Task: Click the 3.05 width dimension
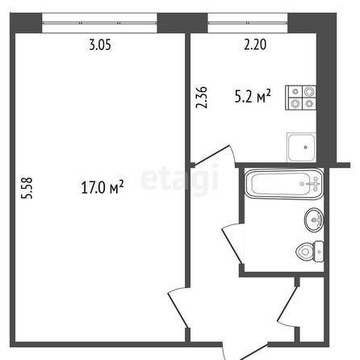[x=100, y=44]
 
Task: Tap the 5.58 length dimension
[x=27, y=188]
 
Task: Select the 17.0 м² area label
[x=103, y=187]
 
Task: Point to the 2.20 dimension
[x=255, y=44]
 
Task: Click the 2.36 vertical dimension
[x=202, y=98]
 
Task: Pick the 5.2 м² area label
[x=253, y=96]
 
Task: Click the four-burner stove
[x=300, y=98]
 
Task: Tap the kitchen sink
[x=301, y=147]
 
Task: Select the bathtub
[x=284, y=184]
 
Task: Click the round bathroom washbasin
[x=314, y=220]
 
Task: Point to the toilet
[x=310, y=252]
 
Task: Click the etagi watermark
[x=179, y=178]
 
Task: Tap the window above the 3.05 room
[x=99, y=23]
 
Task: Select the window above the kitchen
[x=248, y=23]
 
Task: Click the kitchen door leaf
[x=211, y=155]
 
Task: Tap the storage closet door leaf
[x=288, y=303]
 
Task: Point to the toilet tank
[x=319, y=252]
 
